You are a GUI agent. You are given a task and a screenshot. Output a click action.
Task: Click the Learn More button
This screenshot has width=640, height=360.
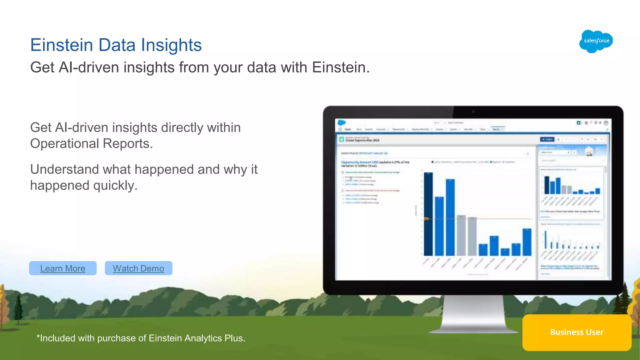[62, 268]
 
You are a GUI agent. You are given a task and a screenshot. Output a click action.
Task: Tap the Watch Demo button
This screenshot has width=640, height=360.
[138, 268]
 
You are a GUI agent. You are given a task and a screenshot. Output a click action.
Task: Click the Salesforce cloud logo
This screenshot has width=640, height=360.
[596, 41]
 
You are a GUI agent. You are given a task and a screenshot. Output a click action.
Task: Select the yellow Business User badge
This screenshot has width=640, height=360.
[577, 332]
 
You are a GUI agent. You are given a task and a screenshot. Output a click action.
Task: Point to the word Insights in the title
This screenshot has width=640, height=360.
[171, 45]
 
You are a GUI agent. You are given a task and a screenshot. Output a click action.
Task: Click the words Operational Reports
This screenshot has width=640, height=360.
[91, 144]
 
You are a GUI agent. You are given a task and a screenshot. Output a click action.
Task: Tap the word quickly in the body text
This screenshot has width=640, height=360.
[115, 186]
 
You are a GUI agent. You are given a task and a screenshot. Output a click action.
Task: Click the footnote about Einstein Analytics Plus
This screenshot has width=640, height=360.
[141, 338]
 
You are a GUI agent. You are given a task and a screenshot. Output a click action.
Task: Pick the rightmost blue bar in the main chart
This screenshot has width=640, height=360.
[527, 242]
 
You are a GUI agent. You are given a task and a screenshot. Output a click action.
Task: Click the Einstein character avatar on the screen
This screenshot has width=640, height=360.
[589, 151]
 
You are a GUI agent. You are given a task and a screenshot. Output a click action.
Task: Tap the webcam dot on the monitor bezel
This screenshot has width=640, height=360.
[473, 112]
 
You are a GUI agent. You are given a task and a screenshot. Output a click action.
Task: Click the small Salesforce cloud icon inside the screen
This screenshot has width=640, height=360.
[342, 123]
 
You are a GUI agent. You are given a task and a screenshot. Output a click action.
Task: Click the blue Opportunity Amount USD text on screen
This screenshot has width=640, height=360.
[359, 162]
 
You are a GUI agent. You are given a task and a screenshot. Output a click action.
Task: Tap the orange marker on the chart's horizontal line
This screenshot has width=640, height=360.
[426, 219]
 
